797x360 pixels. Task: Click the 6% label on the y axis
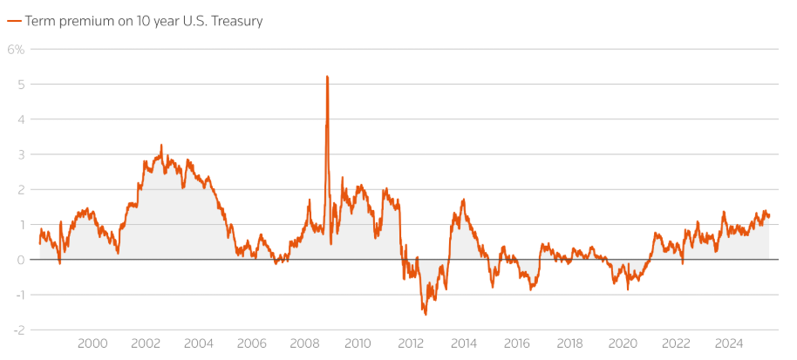[x=17, y=49]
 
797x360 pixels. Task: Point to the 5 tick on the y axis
[x=18, y=85]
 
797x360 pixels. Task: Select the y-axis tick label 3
[x=18, y=154]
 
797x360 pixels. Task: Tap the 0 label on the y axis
[x=18, y=260]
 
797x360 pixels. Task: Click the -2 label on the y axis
[x=17, y=329]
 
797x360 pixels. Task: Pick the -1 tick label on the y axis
[x=17, y=295]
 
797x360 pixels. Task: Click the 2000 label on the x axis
[x=92, y=343]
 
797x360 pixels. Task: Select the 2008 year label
[x=304, y=343]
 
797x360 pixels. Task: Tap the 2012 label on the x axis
[x=410, y=343]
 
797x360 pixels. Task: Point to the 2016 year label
[x=516, y=343]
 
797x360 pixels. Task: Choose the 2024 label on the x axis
[x=728, y=343]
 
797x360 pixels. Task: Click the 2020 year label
[x=623, y=343]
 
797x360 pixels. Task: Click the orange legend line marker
[x=13, y=21]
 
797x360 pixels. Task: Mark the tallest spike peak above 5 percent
[x=327, y=77]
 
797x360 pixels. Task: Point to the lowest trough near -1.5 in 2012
[x=426, y=314]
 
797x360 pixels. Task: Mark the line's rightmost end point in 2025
[x=769, y=216]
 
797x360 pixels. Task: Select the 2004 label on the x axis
[x=199, y=343]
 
